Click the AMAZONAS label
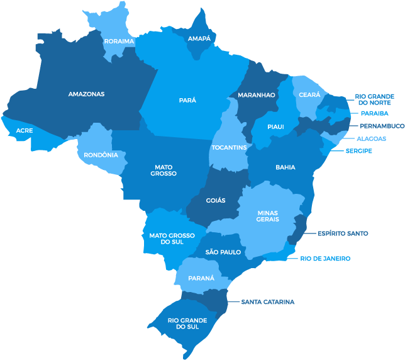point(86,94)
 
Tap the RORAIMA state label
point(119,41)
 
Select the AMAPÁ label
point(199,38)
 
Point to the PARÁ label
point(187,99)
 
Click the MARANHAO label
point(256,95)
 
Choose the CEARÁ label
point(309,94)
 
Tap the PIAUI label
point(275,127)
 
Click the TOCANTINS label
point(229,147)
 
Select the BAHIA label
point(285,167)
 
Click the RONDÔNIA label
point(101,154)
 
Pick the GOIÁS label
point(216,200)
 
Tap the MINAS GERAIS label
point(267,216)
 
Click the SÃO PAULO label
point(223,252)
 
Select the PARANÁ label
point(201,278)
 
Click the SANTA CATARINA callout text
point(267,302)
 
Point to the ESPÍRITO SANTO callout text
point(343,233)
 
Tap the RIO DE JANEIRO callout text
point(325,259)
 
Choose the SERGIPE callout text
point(358,151)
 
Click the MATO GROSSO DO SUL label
point(172,239)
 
